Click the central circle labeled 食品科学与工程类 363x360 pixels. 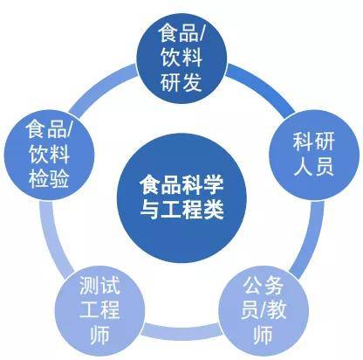click(x=181, y=198)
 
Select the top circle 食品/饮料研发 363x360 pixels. click(x=181, y=59)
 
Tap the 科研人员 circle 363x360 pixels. click(x=314, y=155)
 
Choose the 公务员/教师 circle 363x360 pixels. click(x=264, y=310)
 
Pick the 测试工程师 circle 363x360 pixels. click(x=99, y=310)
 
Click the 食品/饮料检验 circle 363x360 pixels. click(x=49, y=155)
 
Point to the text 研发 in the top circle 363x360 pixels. click(x=181, y=82)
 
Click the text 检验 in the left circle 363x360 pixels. click(x=49, y=178)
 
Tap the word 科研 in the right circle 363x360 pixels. click(x=313, y=142)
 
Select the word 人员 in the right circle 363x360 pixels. click(x=313, y=166)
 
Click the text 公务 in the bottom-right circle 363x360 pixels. click(x=263, y=286)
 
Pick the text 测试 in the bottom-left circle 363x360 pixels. click(x=99, y=285)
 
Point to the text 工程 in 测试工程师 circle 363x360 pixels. click(x=99, y=309)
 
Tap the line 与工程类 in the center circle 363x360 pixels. click(x=181, y=209)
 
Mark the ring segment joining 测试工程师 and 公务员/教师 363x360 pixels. click(x=181, y=330)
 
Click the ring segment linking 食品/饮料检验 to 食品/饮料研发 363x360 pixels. click(x=102, y=89)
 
